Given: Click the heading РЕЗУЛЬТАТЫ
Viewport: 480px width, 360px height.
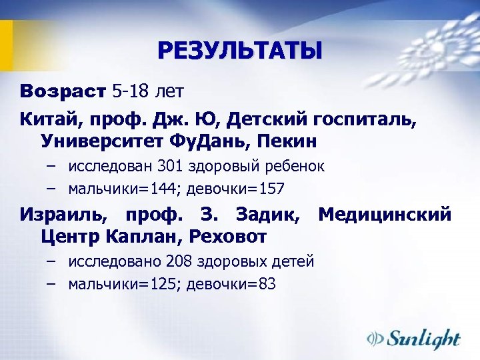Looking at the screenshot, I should pos(239,51).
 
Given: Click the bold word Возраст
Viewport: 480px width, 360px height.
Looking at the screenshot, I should pos(63,90).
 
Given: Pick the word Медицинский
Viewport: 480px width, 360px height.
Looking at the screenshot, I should pos(385,215).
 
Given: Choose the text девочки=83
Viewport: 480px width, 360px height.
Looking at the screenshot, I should pos(231,285).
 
